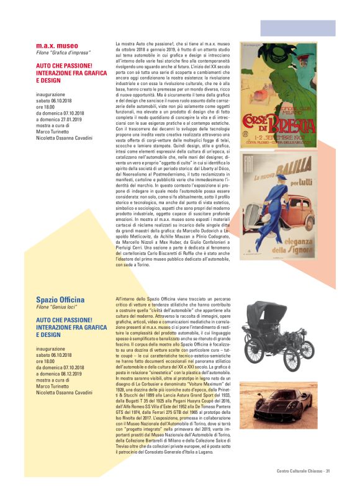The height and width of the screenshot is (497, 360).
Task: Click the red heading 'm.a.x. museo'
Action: (57, 45)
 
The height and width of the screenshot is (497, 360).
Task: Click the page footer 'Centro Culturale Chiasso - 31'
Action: (302, 471)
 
